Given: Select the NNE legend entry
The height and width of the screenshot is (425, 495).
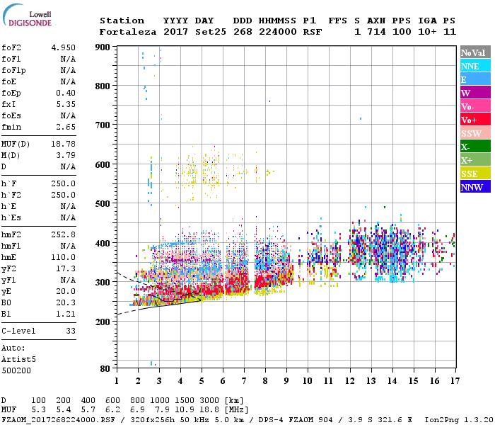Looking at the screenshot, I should click(x=471, y=66).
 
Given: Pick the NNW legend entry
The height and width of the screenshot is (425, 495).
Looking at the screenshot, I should click(x=471, y=187).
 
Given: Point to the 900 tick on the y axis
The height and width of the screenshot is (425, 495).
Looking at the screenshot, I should click(x=104, y=47).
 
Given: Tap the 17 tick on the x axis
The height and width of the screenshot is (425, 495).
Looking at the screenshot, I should click(x=454, y=380).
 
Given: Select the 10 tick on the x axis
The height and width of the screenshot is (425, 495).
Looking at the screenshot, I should click(x=308, y=380).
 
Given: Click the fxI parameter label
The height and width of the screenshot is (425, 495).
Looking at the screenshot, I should click(x=9, y=104).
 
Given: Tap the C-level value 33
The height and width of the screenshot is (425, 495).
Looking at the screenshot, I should click(x=70, y=331).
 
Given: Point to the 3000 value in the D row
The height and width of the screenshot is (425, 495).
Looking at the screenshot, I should click(x=207, y=400).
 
